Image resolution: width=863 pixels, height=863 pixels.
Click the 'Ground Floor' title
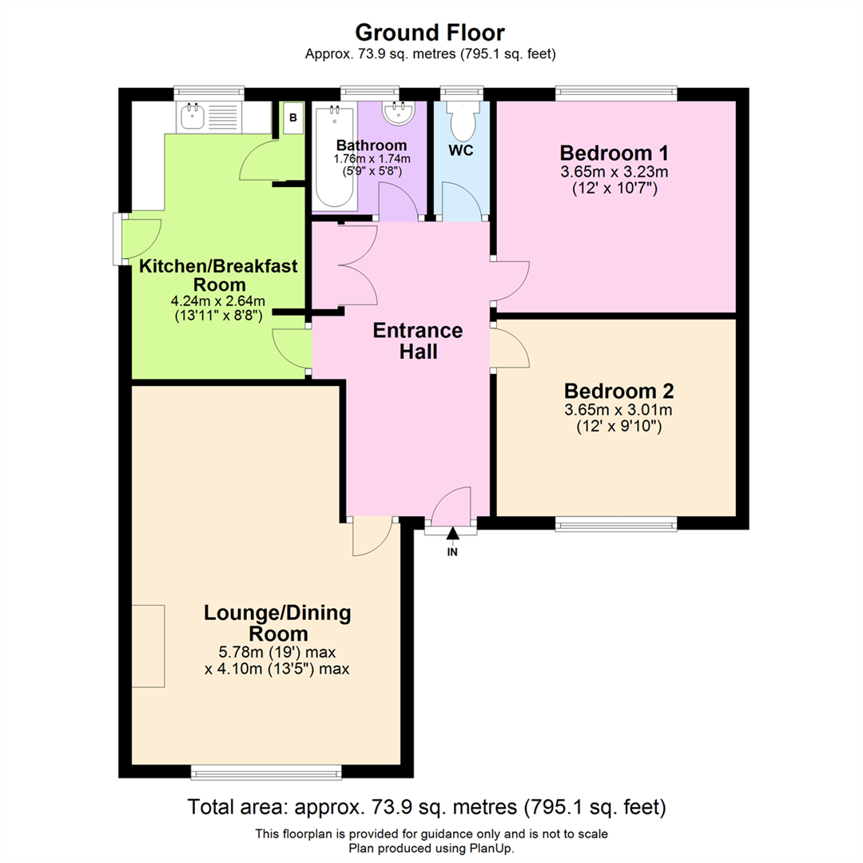[430, 33]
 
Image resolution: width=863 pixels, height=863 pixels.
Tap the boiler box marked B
[293, 117]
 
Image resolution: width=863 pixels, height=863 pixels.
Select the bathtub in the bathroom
[334, 157]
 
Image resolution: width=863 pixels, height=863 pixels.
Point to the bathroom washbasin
[399, 113]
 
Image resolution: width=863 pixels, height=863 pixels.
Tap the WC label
[461, 151]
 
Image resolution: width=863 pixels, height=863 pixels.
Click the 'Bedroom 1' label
[614, 153]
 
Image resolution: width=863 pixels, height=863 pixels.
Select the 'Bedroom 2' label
[618, 391]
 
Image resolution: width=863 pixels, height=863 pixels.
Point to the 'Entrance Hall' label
[418, 340]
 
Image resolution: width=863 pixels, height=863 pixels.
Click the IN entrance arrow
[452, 533]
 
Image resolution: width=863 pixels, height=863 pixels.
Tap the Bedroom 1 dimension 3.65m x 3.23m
[614, 172]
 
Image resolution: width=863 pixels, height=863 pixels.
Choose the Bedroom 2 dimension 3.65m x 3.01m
[618, 410]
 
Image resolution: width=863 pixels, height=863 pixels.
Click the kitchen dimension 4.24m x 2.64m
[218, 301]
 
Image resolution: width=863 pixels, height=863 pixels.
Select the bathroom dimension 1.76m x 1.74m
[372, 159]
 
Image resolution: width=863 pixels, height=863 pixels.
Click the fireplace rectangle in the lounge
[148, 646]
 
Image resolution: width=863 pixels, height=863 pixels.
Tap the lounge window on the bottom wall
[266, 773]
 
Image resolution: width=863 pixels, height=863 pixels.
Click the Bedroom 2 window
[616, 524]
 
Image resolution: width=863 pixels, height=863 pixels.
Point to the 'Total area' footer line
[427, 807]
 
